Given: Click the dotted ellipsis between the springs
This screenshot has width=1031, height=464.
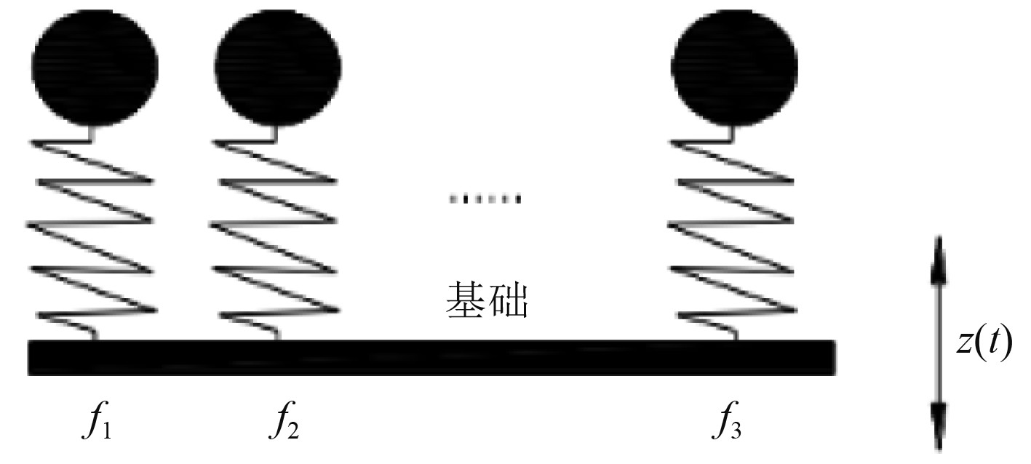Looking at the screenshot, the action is (485, 199).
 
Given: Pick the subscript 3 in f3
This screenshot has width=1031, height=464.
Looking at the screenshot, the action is (738, 431).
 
